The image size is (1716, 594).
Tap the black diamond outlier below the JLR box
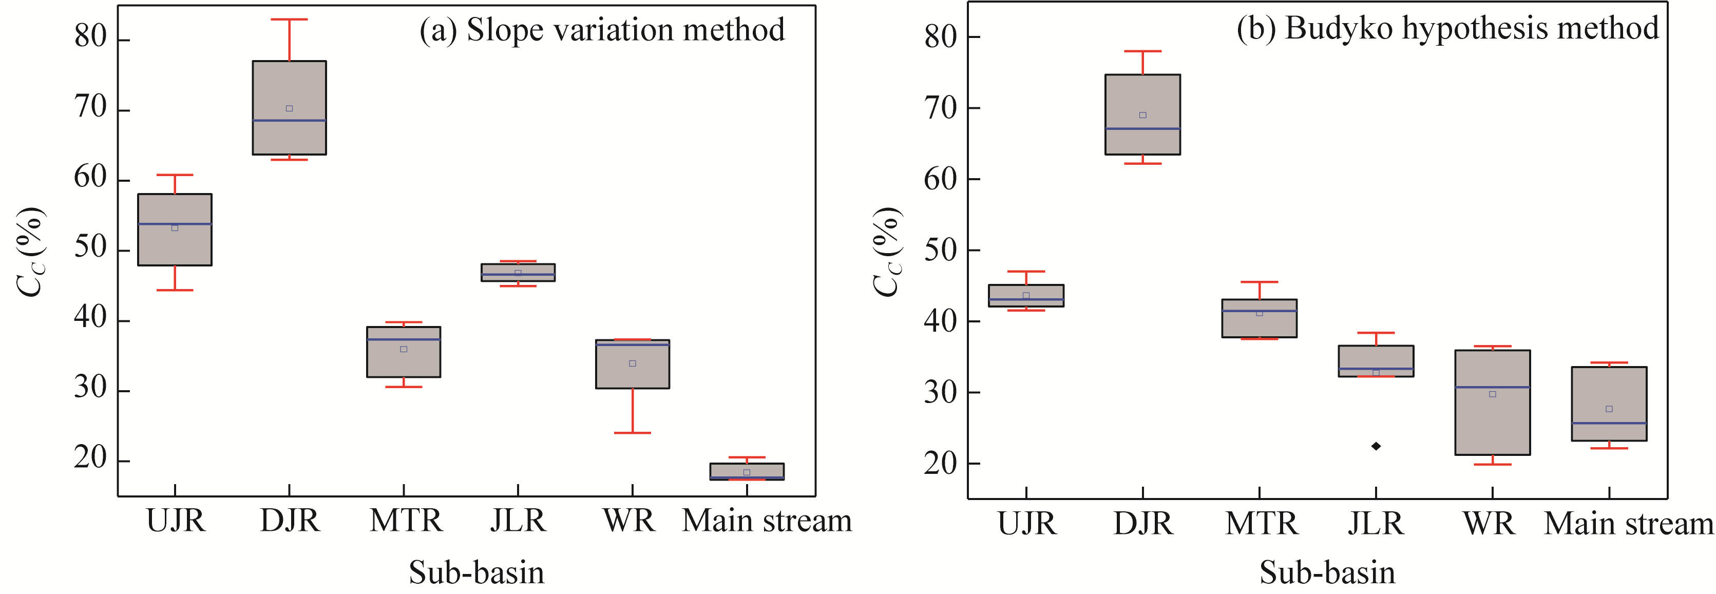pyautogui.click(x=1376, y=446)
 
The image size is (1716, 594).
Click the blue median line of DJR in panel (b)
pyautogui.click(x=1142, y=128)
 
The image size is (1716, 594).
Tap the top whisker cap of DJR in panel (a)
pyautogui.click(x=289, y=20)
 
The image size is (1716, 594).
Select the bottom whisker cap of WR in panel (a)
pyautogui.click(x=632, y=433)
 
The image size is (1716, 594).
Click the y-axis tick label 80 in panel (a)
pyautogui.click(x=90, y=37)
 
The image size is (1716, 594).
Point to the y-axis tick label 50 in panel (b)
pyautogui.click(x=941, y=251)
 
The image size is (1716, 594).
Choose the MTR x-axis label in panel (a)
pyautogui.click(x=406, y=521)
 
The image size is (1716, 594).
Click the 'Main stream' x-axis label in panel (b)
pyautogui.click(x=1628, y=524)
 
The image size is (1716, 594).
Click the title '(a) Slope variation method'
pyautogui.click(x=602, y=30)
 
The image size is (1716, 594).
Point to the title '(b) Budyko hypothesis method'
pyautogui.click(x=1447, y=29)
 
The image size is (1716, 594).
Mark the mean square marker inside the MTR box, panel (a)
pyautogui.click(x=404, y=349)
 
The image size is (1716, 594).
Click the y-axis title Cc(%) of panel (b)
pyautogui.click(x=887, y=251)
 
